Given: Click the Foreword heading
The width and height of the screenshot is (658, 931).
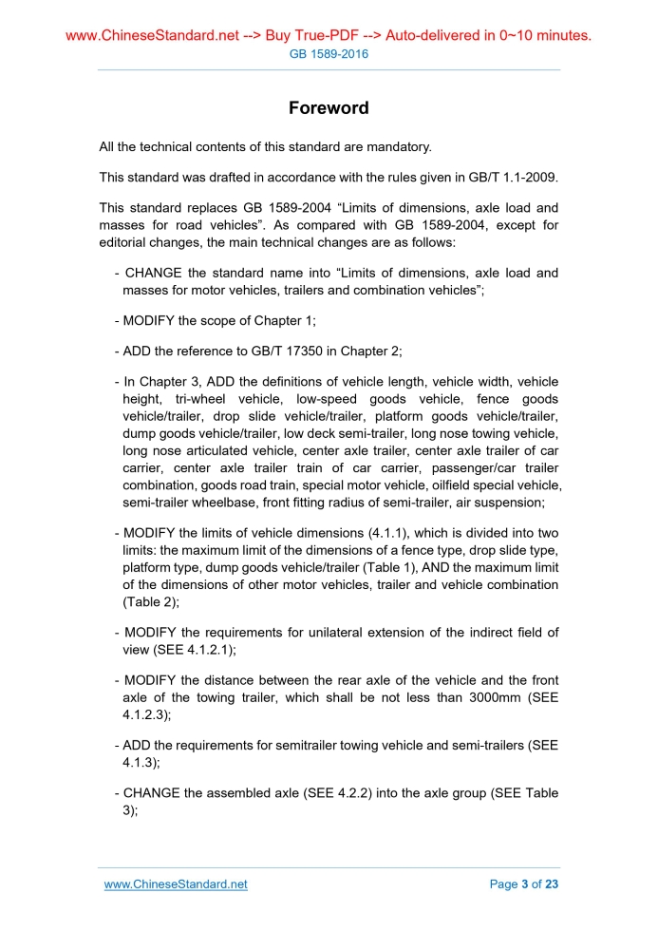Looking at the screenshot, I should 329,108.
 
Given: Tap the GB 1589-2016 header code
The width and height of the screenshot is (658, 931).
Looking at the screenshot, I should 329,54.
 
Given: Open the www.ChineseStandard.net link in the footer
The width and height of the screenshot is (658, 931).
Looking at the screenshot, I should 176,884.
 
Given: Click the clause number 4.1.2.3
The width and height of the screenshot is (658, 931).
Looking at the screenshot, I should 144,716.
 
